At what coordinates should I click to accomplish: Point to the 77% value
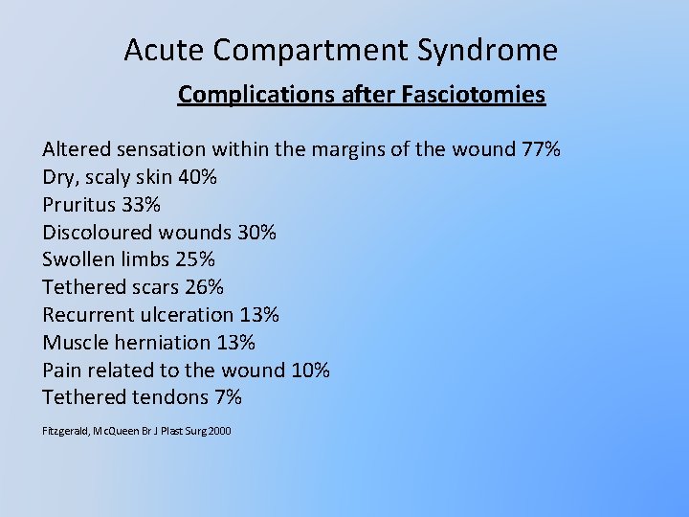click(541, 150)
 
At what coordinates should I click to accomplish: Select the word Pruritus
click(78, 205)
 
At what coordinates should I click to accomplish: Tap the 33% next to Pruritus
click(141, 205)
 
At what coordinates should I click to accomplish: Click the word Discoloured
click(98, 233)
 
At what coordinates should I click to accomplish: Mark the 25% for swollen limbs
click(195, 260)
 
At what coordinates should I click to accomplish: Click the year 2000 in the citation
click(219, 432)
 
